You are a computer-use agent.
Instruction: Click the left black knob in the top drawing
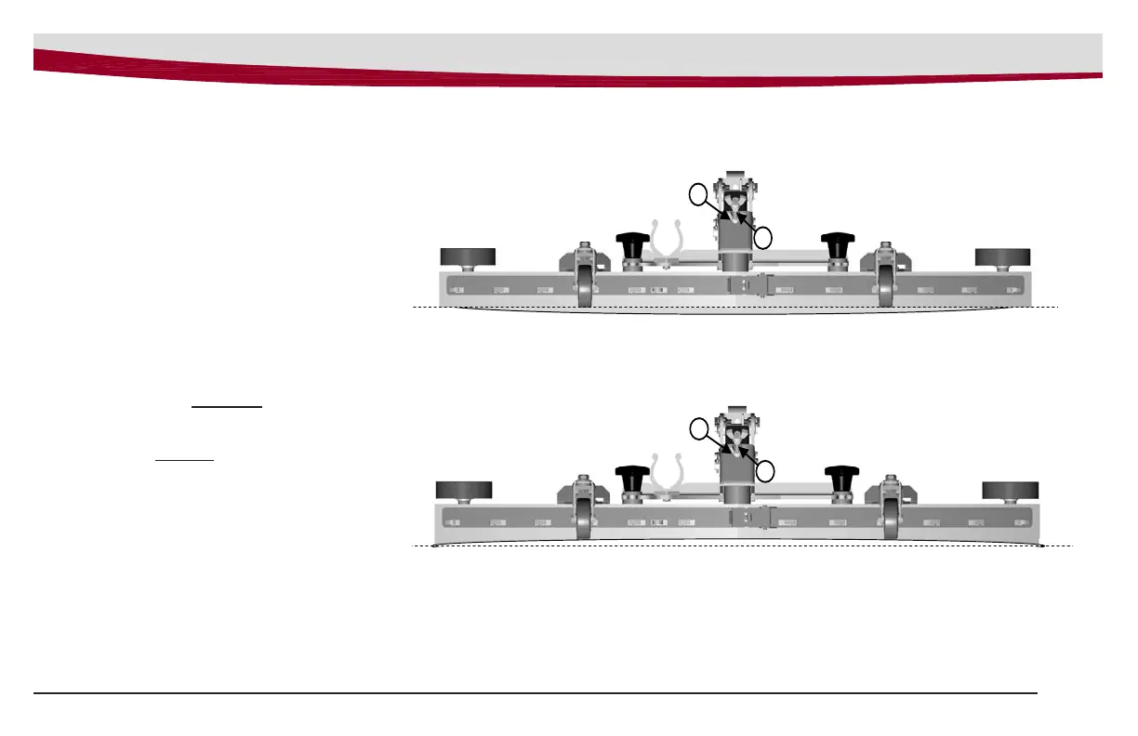click(x=632, y=244)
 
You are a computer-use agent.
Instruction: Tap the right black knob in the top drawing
click(x=837, y=244)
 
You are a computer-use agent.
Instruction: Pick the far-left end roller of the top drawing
click(x=467, y=256)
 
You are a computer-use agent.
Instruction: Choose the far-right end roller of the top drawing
click(x=1002, y=256)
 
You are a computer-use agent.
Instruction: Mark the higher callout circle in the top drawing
click(x=698, y=193)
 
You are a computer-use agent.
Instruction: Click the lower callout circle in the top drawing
click(x=763, y=237)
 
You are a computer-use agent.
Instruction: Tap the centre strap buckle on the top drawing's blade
click(x=749, y=287)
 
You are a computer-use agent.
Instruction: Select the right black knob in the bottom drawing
click(x=840, y=479)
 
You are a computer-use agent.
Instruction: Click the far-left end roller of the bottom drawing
click(x=463, y=490)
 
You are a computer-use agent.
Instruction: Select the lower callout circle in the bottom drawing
click(x=765, y=471)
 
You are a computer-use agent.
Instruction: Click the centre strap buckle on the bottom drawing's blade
click(x=751, y=521)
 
